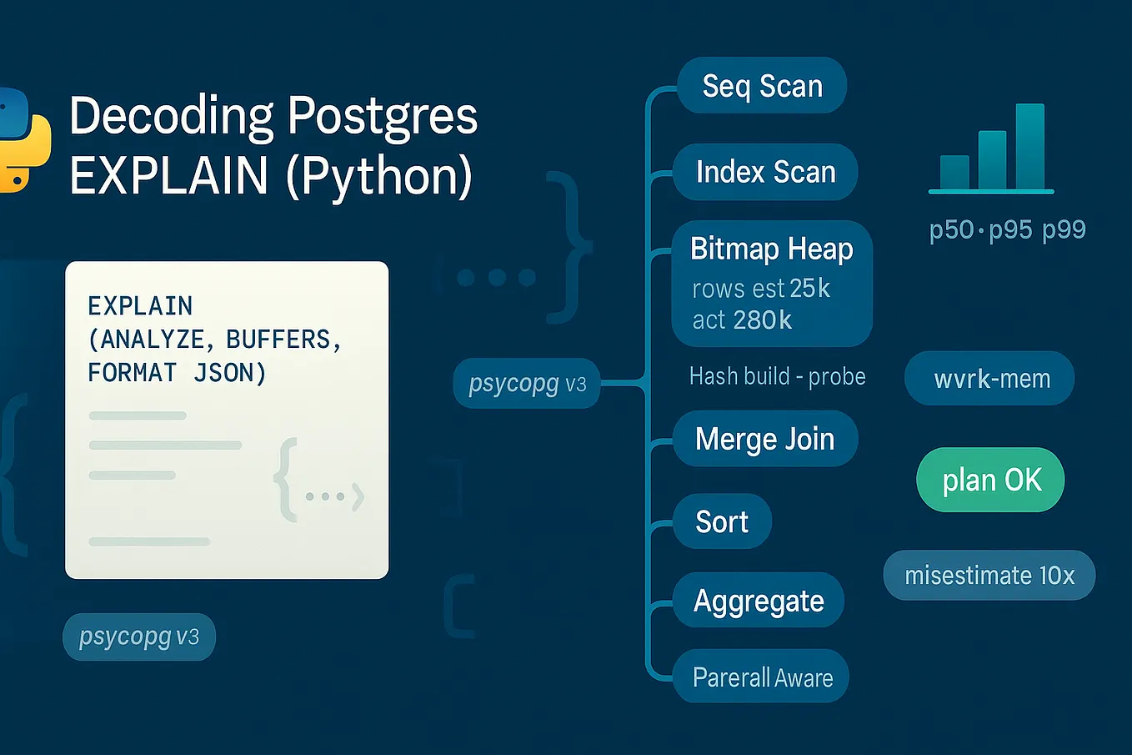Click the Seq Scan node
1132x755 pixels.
[762, 86]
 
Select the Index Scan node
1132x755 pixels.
[765, 172]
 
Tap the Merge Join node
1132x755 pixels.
[764, 439]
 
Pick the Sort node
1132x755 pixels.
[722, 521]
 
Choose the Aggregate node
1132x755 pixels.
[759, 601]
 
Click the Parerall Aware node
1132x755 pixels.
[762, 677]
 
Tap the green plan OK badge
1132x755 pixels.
[991, 480]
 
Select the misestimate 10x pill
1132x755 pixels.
[989, 575]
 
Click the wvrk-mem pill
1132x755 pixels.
[990, 379]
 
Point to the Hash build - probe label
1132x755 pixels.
[777, 376]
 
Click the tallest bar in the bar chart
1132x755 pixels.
[1030, 147]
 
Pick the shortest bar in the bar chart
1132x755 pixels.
[954, 173]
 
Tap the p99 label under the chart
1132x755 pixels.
[1064, 229]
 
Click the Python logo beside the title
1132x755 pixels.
[21, 139]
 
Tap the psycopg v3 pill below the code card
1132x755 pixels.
[139, 637]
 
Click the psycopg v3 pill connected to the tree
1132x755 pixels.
[527, 384]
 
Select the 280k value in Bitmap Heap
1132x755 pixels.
[762, 320]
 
